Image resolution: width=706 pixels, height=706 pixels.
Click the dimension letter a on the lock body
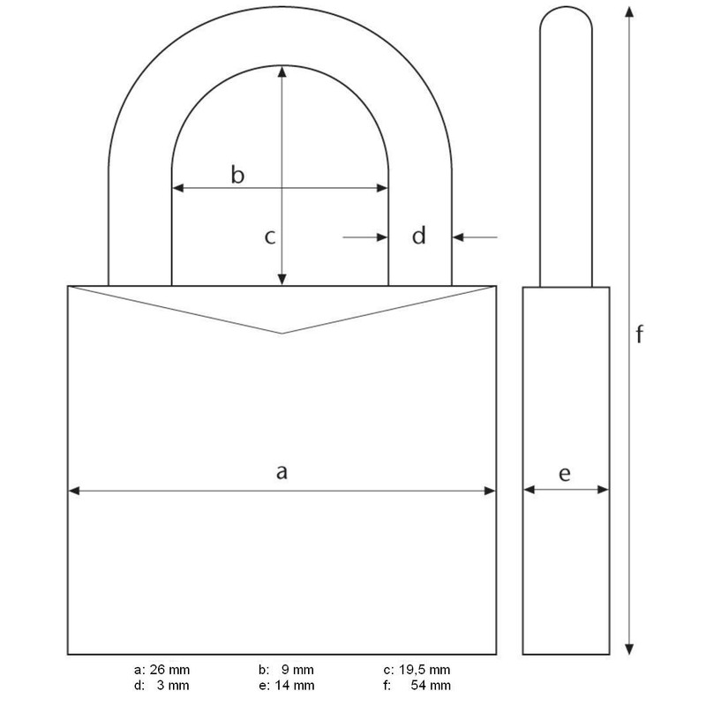(282, 472)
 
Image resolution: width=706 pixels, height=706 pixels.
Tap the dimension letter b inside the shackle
(237, 174)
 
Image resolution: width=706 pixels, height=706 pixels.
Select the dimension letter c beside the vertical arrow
(271, 237)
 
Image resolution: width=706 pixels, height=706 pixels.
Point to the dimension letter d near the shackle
(420, 236)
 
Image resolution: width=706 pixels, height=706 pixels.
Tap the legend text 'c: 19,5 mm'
(417, 669)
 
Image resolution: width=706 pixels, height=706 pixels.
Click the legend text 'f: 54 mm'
(417, 685)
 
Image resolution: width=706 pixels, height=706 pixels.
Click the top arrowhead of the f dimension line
(628, 11)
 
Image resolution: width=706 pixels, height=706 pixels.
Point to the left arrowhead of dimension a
(74, 491)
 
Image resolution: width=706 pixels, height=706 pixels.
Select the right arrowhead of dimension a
(491, 491)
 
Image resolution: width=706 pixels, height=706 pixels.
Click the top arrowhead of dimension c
(282, 71)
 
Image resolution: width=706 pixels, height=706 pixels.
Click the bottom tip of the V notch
(282, 333)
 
